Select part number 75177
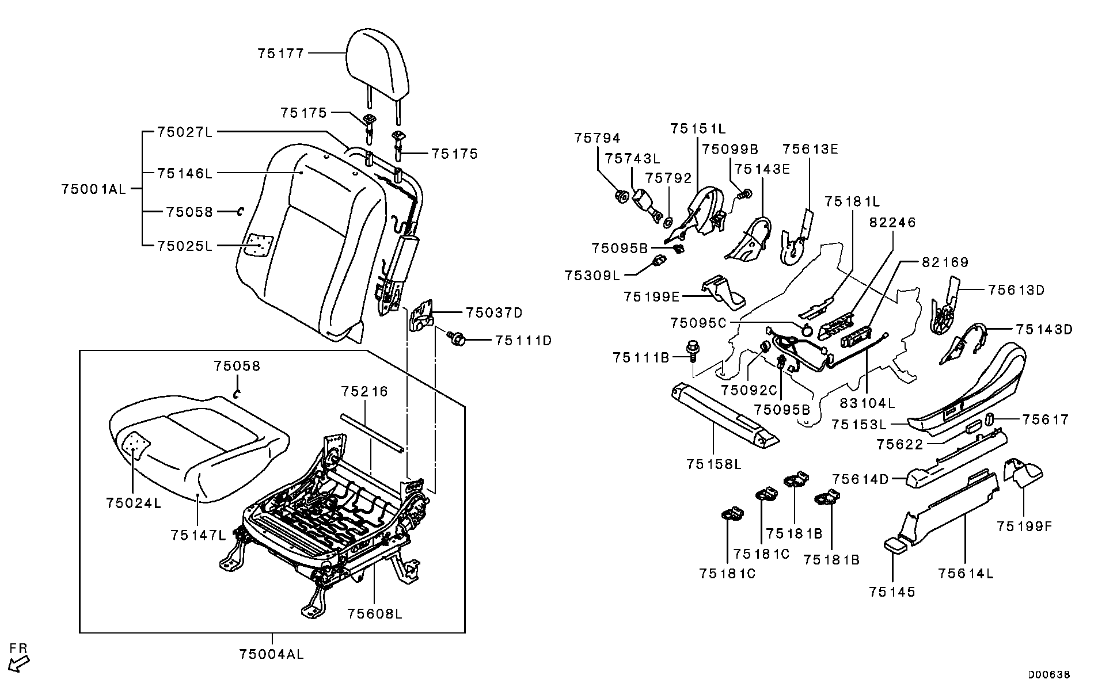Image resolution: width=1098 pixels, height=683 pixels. coord(280,54)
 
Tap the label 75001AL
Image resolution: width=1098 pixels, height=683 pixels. coord(93,189)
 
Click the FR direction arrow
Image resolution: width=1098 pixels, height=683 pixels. coord(19,662)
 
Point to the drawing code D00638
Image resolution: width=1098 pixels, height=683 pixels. coord(1050,674)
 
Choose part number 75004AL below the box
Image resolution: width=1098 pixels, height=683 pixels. coord(272,654)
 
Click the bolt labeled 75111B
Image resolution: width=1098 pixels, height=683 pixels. coord(693,350)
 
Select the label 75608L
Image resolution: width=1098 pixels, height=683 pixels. coord(375,614)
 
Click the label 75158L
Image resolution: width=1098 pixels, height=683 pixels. coord(714,464)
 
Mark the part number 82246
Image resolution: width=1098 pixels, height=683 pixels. coord(892,222)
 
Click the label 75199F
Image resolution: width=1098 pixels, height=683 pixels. coord(1024,526)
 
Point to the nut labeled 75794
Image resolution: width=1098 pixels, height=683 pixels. coord(621,197)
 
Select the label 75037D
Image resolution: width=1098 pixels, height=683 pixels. coord(494,312)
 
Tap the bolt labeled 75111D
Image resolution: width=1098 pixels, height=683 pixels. coord(458,340)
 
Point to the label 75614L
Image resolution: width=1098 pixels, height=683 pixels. coord(966,573)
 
